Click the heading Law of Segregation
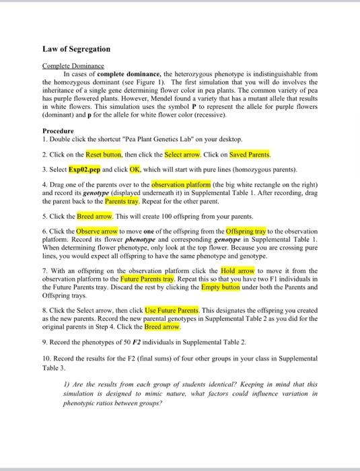(x=76, y=50)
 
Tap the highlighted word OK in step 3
(x=135, y=168)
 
